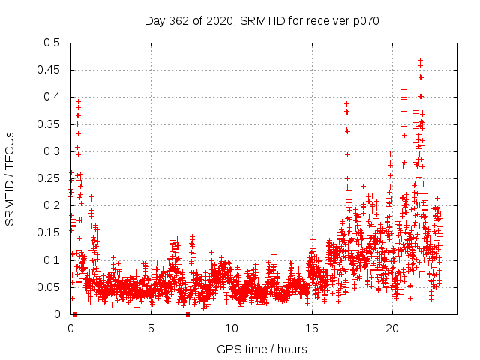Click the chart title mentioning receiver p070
click(x=262, y=20)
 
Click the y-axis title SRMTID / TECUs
click(x=10, y=178)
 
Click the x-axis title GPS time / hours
click(x=262, y=349)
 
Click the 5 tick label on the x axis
click(x=151, y=328)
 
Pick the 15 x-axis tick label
click(x=311, y=328)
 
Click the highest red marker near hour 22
click(x=420, y=60)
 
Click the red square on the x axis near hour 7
click(x=188, y=314)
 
